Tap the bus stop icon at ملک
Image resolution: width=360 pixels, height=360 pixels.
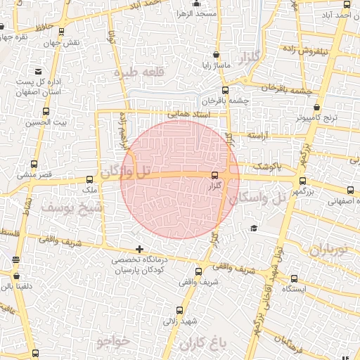(89, 179)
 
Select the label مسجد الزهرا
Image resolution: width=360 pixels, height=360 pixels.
(196, 14)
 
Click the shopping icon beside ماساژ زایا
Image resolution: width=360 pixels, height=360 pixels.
(215, 54)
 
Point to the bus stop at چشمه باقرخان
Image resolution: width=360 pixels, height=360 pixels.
(225, 90)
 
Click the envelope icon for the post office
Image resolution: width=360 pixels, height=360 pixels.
(37, 72)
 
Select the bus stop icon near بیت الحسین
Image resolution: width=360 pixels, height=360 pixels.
(46, 112)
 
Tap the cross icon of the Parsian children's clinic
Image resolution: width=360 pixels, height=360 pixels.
(139, 249)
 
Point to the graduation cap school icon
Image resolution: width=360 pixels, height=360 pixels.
(252, 228)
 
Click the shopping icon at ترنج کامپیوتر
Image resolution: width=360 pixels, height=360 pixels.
(317, 108)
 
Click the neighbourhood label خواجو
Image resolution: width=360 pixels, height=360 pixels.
(112, 341)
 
